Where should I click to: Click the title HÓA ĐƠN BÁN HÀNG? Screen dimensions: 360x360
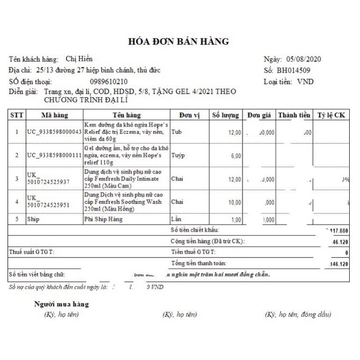coord(180,42)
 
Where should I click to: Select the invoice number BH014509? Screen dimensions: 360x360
coord(293,70)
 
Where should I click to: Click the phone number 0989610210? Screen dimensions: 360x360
coord(108,81)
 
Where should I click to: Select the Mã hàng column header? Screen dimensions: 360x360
coord(54,115)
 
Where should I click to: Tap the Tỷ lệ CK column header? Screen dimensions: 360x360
coord(331,115)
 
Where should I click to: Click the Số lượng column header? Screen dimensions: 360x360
coord(225,115)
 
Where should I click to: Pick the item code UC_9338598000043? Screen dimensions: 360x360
coord(54,132)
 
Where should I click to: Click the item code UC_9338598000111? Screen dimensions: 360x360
coord(54,155)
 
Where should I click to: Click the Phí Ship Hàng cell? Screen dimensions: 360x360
coord(103,220)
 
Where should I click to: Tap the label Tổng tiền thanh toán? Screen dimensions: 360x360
coord(199,263)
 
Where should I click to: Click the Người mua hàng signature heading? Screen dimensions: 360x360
coord(62,304)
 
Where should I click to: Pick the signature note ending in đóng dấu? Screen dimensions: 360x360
coord(298,315)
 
